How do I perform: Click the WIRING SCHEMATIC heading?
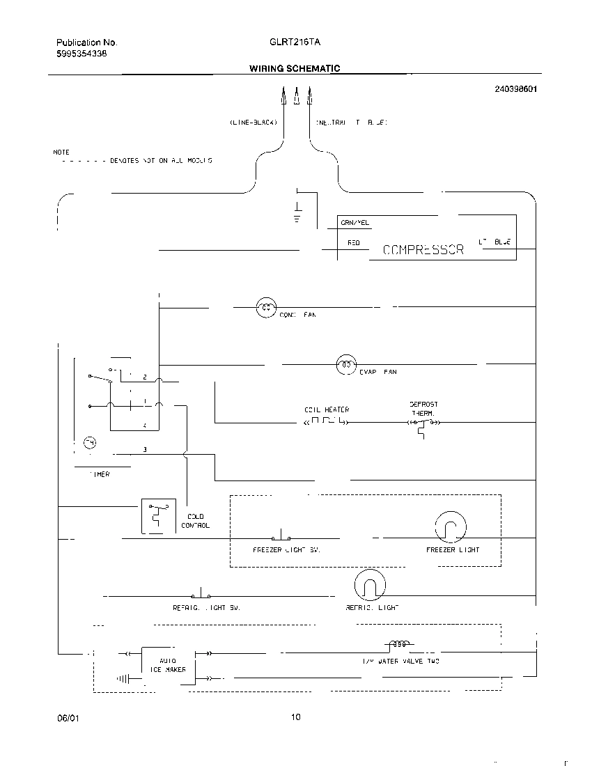tap(295, 68)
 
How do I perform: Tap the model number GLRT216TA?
tap(295, 42)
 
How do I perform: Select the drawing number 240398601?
tap(516, 89)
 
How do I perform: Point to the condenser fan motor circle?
tap(267, 306)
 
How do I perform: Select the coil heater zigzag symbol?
tap(326, 422)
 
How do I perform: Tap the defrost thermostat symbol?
tap(421, 425)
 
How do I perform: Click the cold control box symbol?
tap(157, 516)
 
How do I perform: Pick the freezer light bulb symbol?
tap(449, 527)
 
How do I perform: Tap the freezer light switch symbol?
tap(281, 536)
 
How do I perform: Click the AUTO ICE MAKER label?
tap(167, 665)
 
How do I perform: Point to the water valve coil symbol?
tap(398, 644)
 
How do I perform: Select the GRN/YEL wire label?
tap(355, 223)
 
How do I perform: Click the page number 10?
tap(296, 717)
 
